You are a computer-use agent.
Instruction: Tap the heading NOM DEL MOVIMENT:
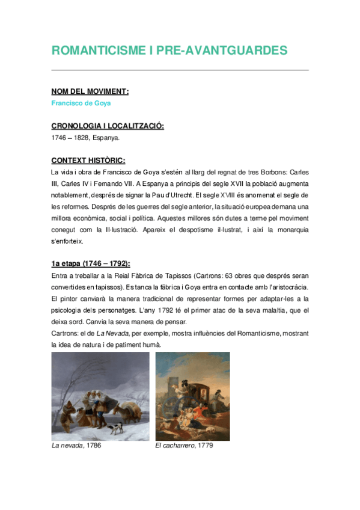[90, 91]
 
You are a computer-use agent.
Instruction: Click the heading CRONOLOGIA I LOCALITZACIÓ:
[108, 126]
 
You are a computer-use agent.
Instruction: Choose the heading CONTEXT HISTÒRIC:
[88, 161]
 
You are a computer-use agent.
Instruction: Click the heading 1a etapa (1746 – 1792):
[90, 265]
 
